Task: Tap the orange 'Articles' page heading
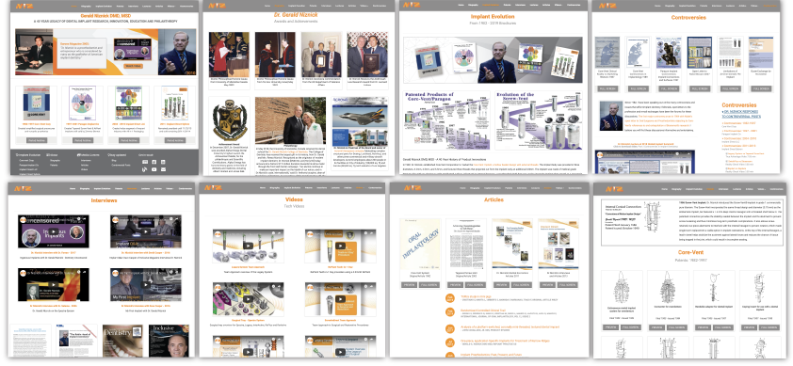(494, 199)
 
